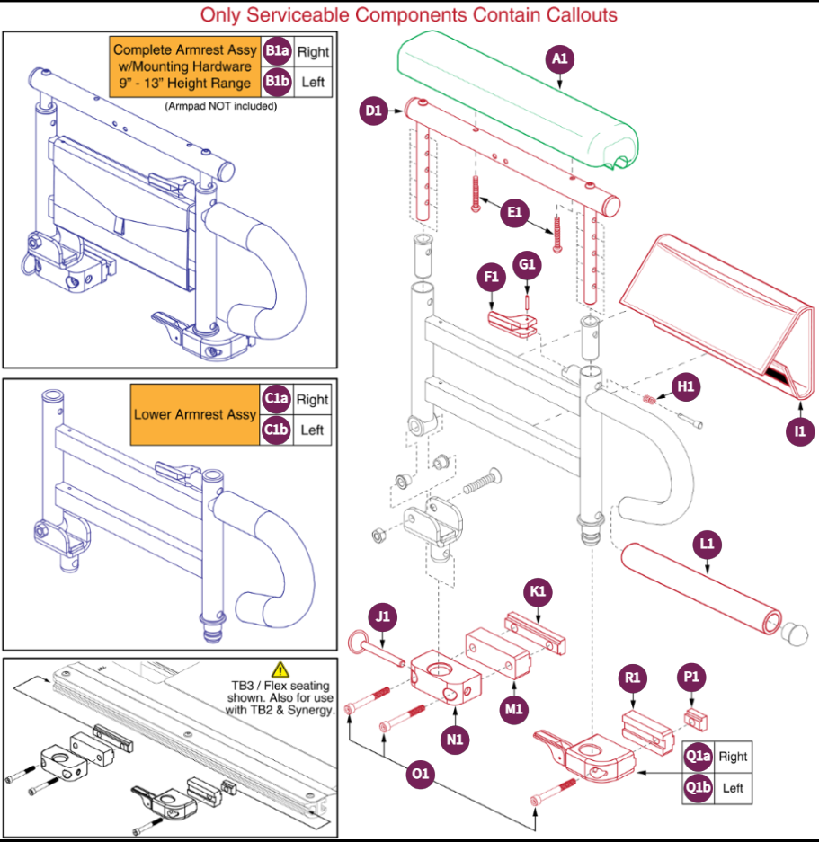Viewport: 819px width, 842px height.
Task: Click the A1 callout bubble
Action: click(x=559, y=58)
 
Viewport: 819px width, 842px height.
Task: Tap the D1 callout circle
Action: click(x=373, y=111)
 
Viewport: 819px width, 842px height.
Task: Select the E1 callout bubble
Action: click(x=514, y=212)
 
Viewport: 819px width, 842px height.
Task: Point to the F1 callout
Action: click(x=491, y=277)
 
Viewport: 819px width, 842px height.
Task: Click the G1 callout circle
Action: click(x=527, y=265)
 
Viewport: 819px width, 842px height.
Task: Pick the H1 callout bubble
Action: click(x=685, y=386)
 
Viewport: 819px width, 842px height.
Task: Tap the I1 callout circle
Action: click(x=799, y=431)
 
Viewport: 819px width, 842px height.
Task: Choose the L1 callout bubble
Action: click(x=707, y=544)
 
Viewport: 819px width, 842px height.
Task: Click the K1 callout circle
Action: click(x=538, y=592)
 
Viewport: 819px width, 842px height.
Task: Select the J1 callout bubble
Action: click(x=383, y=616)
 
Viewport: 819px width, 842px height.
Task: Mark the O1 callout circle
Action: click(x=420, y=774)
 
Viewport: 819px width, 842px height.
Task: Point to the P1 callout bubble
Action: click(x=691, y=678)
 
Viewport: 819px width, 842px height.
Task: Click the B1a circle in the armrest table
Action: click(x=277, y=51)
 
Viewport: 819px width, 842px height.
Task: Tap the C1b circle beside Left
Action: click(x=276, y=430)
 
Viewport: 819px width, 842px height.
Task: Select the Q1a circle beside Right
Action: click(x=699, y=757)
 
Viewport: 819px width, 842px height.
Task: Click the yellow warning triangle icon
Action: click(x=280, y=670)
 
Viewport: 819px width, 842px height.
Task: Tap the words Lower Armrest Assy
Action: click(x=194, y=414)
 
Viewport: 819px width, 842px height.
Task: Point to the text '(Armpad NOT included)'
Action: click(x=221, y=106)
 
